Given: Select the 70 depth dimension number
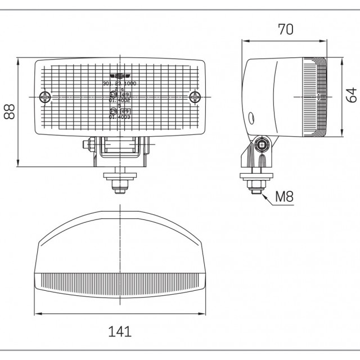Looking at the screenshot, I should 285,30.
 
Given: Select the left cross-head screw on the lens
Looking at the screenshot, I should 45,97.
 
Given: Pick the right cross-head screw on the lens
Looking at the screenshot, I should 195,97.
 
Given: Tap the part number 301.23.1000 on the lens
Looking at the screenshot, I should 120,84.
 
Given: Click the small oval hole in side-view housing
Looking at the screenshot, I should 251,118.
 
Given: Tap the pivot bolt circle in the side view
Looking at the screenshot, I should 262,145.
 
